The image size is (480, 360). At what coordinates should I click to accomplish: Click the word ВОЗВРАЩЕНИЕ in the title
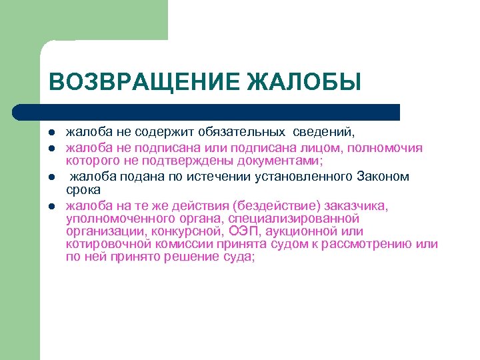click(144, 81)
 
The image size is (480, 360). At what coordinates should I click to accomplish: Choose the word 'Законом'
click(383, 176)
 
